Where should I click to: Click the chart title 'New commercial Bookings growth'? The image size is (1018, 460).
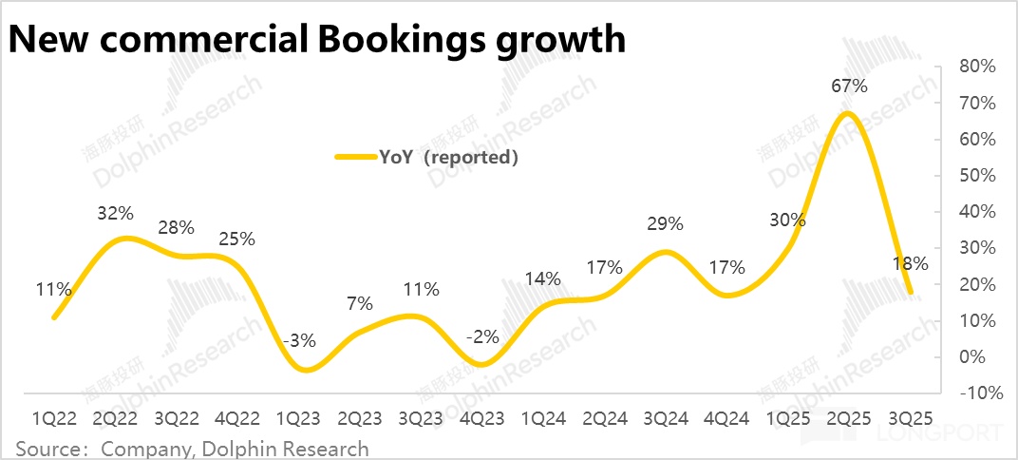tap(317, 39)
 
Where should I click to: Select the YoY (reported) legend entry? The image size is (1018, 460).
tap(427, 157)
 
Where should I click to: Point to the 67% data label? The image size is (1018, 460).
tap(849, 86)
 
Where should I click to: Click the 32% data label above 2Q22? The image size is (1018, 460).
tap(114, 213)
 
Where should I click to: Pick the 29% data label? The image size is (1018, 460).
tap(665, 224)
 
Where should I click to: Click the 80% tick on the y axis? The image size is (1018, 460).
tap(976, 67)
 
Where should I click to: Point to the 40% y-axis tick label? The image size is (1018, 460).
tap(976, 211)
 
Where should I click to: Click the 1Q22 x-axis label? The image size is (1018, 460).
tap(54, 418)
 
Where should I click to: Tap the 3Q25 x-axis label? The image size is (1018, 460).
tap(909, 418)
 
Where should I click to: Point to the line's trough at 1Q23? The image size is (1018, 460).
tap(304, 369)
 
